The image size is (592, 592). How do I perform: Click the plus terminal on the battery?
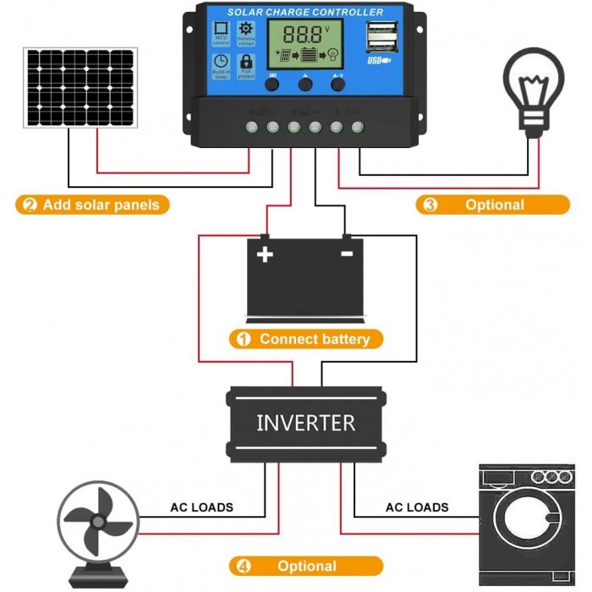pyautogui.click(x=266, y=254)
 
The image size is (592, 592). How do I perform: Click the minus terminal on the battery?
pyautogui.click(x=346, y=253)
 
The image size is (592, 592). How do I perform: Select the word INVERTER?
pyautogui.click(x=305, y=422)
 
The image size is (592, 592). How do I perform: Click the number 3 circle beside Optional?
pyautogui.click(x=430, y=205)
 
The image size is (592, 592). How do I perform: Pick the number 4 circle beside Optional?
pyautogui.click(x=244, y=567)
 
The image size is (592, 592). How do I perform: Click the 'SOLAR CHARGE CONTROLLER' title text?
pyautogui.click(x=305, y=13)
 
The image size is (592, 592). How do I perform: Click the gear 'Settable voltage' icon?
pyautogui.click(x=247, y=31)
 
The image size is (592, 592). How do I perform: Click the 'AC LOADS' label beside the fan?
pyautogui.click(x=201, y=507)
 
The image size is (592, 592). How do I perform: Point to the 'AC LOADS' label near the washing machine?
pyautogui.click(x=417, y=507)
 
